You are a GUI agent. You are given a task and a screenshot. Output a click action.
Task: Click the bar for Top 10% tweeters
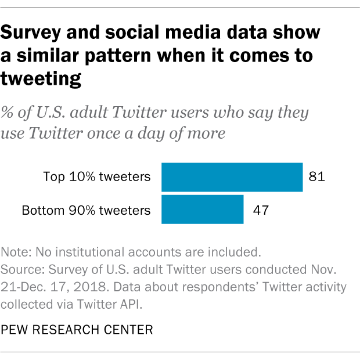pyautogui.click(x=232, y=177)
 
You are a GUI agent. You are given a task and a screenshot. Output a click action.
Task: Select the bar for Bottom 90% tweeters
pyautogui.click(x=202, y=210)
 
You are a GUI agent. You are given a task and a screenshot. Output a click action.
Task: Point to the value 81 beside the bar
pyautogui.click(x=316, y=177)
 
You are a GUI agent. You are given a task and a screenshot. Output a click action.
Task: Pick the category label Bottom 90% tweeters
pyautogui.click(x=86, y=210)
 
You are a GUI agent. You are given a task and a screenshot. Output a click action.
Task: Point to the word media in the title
pyautogui.click(x=190, y=33)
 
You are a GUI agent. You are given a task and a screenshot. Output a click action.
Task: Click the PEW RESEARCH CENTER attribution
pyautogui.click(x=77, y=330)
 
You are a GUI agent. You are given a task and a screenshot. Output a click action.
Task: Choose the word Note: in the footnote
pyautogui.click(x=17, y=252)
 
